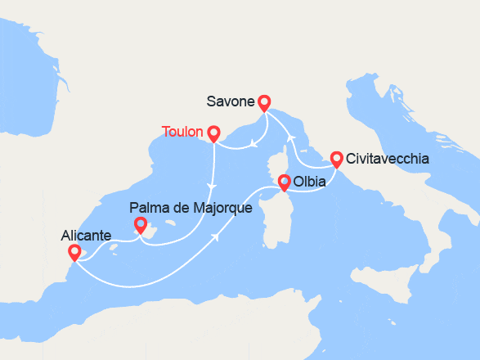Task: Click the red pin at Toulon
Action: pyautogui.click(x=213, y=133)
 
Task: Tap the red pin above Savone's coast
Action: pyautogui.click(x=263, y=102)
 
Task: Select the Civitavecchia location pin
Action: pyautogui.click(x=336, y=158)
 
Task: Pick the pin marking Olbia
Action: pyautogui.click(x=284, y=182)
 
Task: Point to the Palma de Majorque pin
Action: pyautogui.click(x=140, y=224)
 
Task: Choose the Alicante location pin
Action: pyautogui.click(x=74, y=252)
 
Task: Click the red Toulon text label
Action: pyautogui.click(x=183, y=132)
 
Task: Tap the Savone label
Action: pyautogui.click(x=230, y=102)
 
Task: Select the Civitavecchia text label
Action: pyautogui.click(x=387, y=159)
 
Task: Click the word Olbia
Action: pyautogui.click(x=310, y=182)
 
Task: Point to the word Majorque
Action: pyautogui.click(x=223, y=209)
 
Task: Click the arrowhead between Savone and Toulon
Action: pyautogui.click(x=254, y=144)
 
